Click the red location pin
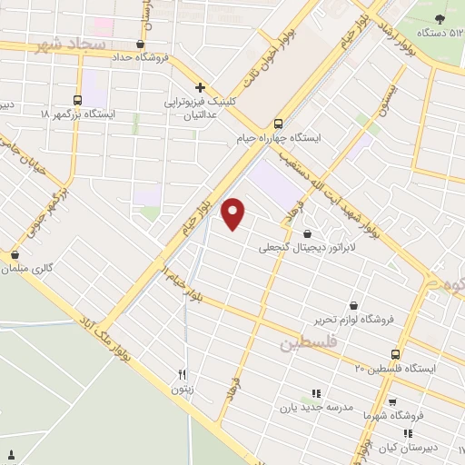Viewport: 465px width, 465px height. click(234, 213)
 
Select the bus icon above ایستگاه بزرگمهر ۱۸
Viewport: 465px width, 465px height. click(78, 101)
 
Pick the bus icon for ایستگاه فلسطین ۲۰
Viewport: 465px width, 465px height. click(395, 354)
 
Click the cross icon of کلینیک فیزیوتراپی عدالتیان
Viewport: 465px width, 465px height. click(200, 88)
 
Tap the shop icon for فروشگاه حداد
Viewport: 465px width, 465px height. click(139, 44)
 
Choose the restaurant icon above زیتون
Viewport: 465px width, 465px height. click(183, 374)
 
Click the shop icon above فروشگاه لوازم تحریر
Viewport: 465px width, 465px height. click(353, 305)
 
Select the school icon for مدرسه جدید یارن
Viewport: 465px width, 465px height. click(316, 393)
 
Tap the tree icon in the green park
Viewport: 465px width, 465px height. click(440, 18)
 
